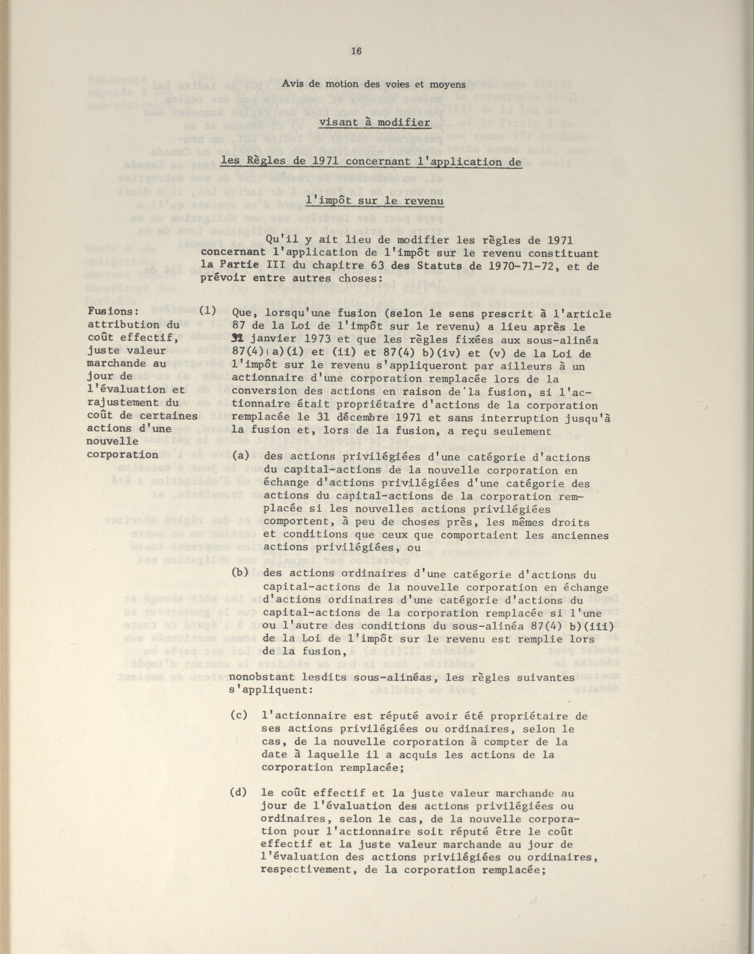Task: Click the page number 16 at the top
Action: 356,51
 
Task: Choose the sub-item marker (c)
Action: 238,715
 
